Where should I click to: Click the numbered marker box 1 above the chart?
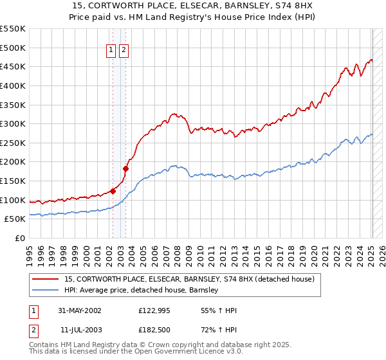click(x=111, y=52)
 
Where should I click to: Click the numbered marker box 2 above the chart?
click(x=123, y=52)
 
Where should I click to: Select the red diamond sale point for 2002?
click(x=113, y=190)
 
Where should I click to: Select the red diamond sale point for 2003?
click(x=125, y=168)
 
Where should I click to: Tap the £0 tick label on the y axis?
click(x=19, y=238)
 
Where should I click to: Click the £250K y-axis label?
click(x=13, y=143)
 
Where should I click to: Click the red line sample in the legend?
click(x=44, y=279)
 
